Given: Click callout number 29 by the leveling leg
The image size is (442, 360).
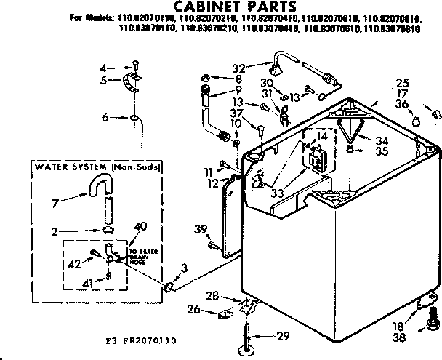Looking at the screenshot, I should pos(285,335).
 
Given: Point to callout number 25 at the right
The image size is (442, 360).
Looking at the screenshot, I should pos(402,81).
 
